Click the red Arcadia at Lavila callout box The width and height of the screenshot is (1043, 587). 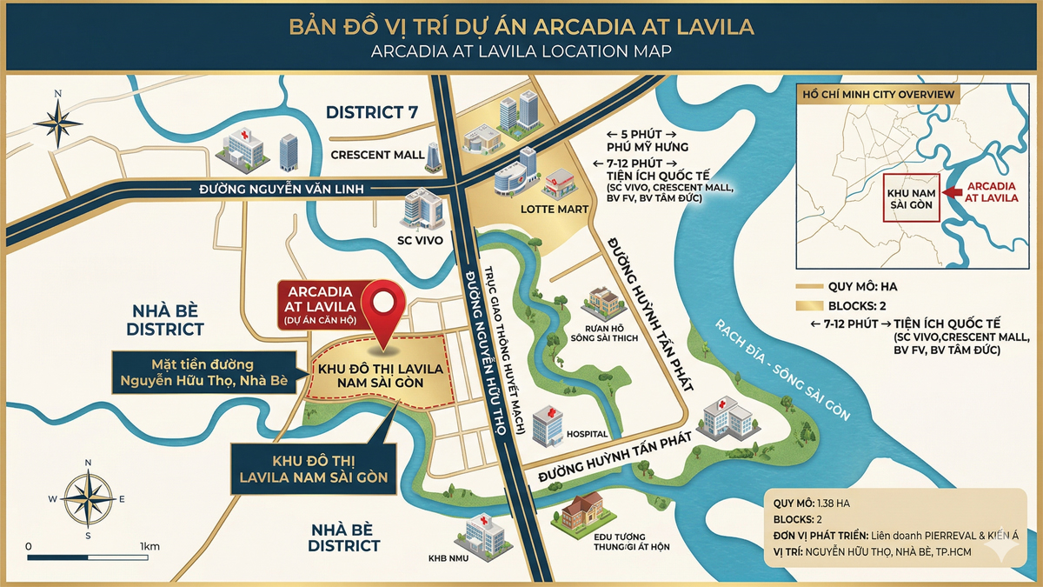click(315, 304)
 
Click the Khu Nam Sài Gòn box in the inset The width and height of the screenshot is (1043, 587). click(910, 198)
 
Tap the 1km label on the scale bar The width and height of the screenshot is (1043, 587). click(149, 545)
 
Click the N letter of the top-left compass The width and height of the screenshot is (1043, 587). click(57, 94)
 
